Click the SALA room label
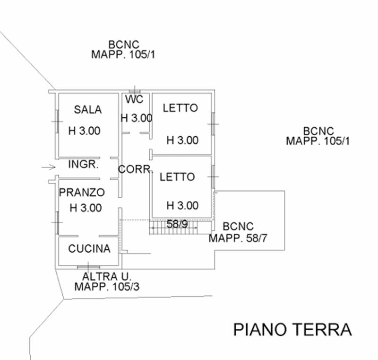pos(88,109)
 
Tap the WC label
pos(134,99)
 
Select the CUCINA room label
pos(89,248)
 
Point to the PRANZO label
pos(81,193)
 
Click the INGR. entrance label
pos(83,165)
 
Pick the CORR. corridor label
pos(135,169)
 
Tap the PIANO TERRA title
pos(292,329)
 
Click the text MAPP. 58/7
pos(238,238)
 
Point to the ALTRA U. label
pos(106,277)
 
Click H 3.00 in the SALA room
pos(85,131)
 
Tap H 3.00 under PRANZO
pos(86,207)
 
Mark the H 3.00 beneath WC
pos(137,118)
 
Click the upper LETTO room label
pos(180,108)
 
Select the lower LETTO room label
pos(177,177)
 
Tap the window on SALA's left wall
pos(57,122)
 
